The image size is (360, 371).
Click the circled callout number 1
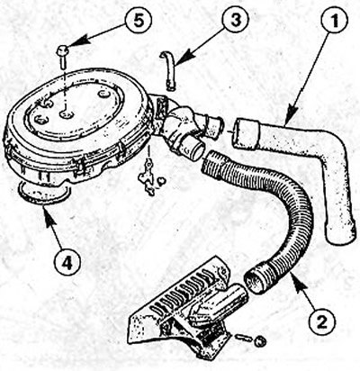pos(334,22)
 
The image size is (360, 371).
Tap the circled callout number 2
pos(323,321)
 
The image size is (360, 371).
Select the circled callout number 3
pos(236,20)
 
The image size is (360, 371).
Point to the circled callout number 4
pos(67,263)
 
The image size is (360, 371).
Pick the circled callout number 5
pos(139,21)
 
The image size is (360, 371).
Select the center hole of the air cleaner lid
pos(66,113)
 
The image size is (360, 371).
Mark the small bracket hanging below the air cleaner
pos(146,179)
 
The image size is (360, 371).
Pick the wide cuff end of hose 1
pos(246,133)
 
